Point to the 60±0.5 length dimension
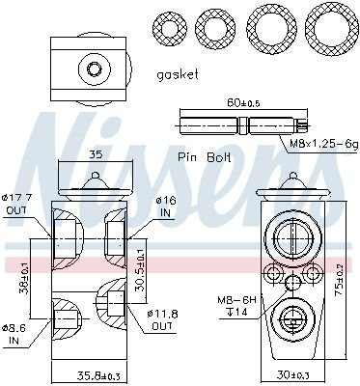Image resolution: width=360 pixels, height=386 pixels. tap(242, 102)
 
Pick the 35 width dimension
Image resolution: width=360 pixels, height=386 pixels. tap(95, 153)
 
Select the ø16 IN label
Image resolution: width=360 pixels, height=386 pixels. tap(166, 206)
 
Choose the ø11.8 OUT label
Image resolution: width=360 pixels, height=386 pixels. tap(162, 320)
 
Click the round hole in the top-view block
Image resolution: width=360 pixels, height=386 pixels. tap(95, 69)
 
